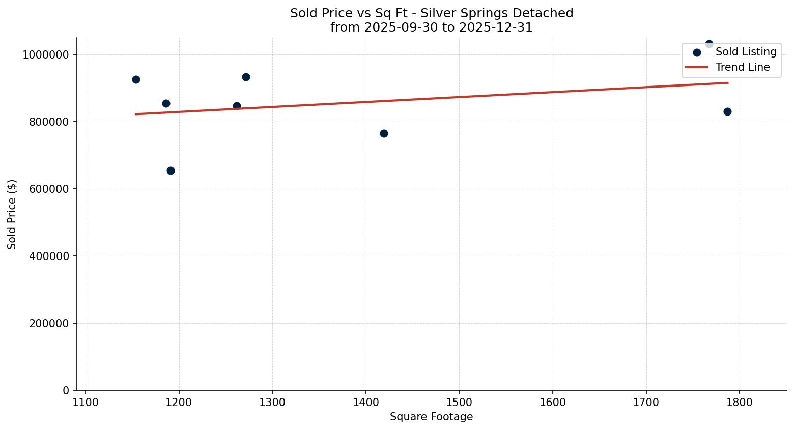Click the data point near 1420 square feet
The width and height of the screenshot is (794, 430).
[384, 133]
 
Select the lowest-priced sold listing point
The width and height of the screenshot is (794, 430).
[171, 170]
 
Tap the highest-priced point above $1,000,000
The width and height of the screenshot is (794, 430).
[709, 44]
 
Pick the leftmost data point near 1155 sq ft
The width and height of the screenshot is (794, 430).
[136, 79]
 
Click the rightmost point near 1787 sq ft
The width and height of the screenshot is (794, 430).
[727, 111]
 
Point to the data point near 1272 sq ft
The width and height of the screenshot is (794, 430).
[246, 77]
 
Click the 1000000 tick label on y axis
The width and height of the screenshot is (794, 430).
[46, 54]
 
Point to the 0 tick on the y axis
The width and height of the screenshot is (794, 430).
[66, 390]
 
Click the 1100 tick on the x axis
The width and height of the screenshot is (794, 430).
[86, 402]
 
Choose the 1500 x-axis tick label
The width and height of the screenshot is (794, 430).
[459, 402]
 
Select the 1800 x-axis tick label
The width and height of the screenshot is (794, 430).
[740, 402]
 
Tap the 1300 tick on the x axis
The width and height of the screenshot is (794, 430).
[272, 402]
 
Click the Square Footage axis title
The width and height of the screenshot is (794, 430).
[431, 417]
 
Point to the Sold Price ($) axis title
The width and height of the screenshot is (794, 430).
[12, 214]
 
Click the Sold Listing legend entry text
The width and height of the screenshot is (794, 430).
[746, 52]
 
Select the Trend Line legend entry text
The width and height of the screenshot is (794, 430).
[743, 67]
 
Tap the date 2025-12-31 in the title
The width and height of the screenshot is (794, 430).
[496, 27]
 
